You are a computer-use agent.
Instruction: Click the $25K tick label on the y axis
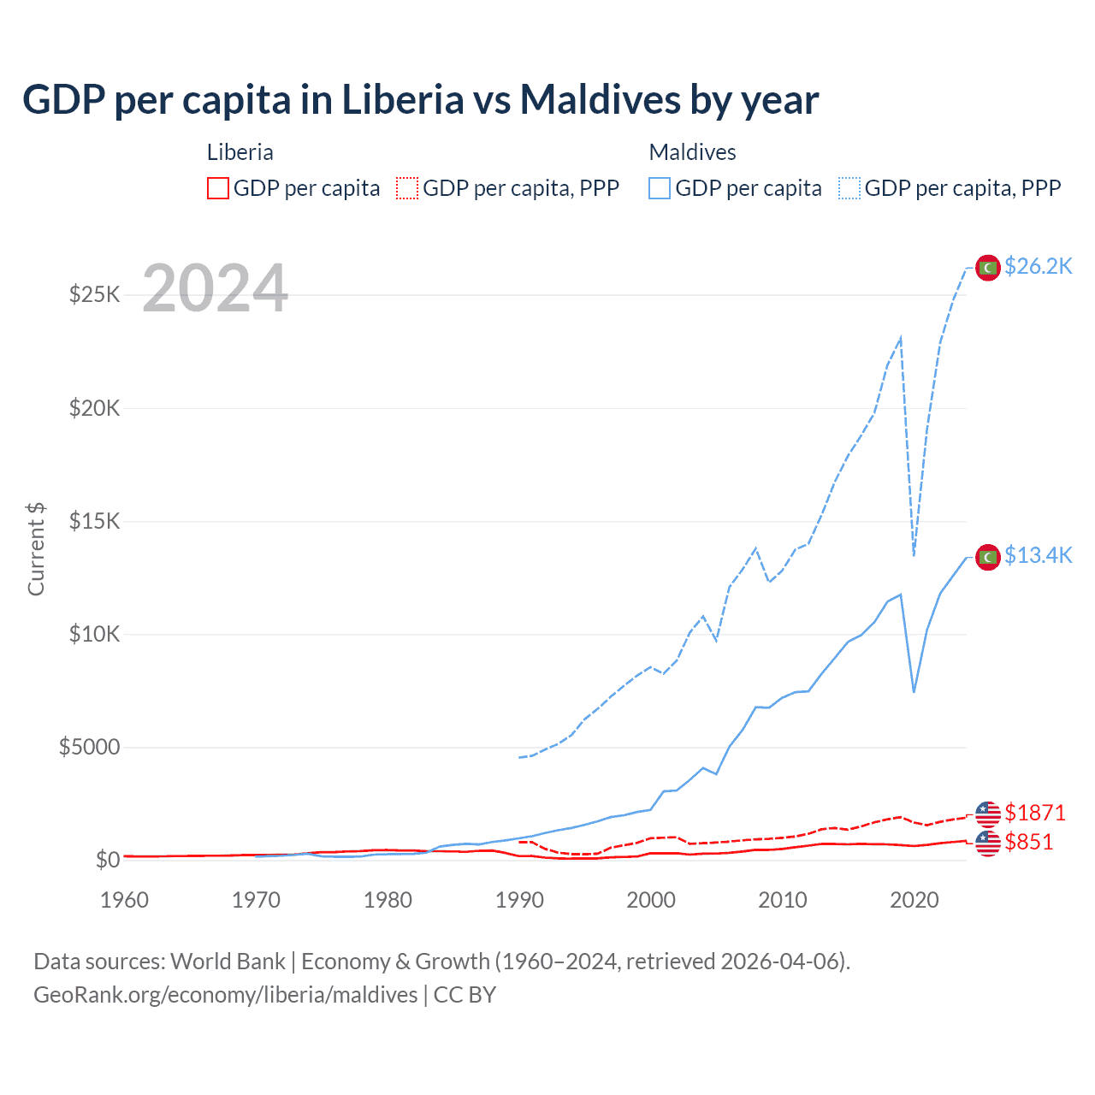(x=95, y=295)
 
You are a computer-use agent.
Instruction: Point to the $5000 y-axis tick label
(x=89, y=748)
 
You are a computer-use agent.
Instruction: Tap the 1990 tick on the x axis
(x=519, y=900)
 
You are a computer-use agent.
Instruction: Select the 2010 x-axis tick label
(x=783, y=900)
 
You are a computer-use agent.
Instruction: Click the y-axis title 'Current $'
(x=36, y=549)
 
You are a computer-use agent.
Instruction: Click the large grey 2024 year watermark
(x=215, y=289)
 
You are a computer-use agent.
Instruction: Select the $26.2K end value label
(x=1038, y=267)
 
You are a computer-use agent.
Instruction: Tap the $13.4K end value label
(x=1038, y=556)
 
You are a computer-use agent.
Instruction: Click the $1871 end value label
(x=1035, y=813)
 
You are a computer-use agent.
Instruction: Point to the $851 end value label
(x=1029, y=843)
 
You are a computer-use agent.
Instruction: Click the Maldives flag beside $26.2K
(x=988, y=268)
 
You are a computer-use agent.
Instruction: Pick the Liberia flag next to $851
(x=988, y=843)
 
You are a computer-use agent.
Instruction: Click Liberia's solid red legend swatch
(x=218, y=188)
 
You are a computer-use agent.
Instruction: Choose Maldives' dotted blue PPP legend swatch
(x=849, y=188)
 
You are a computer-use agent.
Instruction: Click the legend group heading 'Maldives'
(x=692, y=152)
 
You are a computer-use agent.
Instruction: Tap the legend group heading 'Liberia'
(x=240, y=152)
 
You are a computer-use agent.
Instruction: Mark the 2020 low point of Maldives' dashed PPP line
(x=914, y=554)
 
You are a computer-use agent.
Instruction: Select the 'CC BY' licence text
(x=465, y=995)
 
